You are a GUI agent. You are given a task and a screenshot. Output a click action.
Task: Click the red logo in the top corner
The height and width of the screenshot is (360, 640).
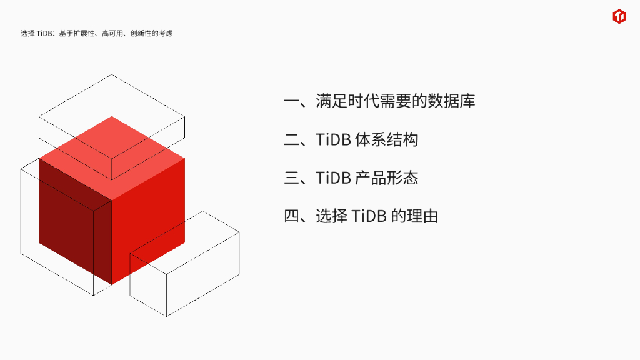click(619, 17)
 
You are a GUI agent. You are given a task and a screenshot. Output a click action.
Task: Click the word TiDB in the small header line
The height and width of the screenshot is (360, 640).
click(45, 34)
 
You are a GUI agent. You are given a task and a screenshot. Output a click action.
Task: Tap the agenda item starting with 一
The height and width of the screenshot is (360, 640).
click(379, 101)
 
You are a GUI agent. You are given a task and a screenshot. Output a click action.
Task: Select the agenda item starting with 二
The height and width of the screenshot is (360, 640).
click(351, 139)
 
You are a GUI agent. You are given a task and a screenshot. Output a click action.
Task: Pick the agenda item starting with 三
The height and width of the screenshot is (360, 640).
click(351, 178)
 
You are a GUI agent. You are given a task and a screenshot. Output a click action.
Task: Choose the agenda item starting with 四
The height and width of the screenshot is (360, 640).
click(361, 217)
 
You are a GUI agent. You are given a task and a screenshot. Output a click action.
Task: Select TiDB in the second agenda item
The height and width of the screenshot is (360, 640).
click(333, 139)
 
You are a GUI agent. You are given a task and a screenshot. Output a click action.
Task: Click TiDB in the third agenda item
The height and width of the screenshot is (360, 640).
click(333, 178)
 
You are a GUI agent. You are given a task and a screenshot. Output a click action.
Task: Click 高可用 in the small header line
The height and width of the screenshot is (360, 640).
click(111, 34)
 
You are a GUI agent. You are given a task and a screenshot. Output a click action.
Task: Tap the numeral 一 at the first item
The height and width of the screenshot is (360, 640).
click(292, 101)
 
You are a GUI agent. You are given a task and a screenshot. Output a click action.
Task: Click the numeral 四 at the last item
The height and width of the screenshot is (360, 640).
click(292, 217)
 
